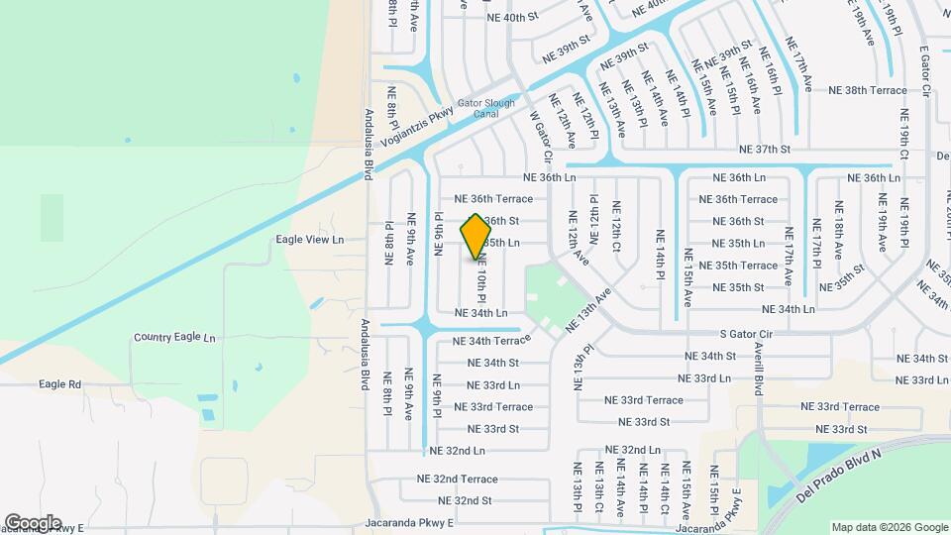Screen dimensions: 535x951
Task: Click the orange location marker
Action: [476, 237]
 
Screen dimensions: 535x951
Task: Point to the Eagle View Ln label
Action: [310, 239]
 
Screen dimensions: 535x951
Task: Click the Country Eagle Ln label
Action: [174, 338]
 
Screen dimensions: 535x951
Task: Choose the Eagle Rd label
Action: [60, 383]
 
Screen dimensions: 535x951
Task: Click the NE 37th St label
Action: [765, 150]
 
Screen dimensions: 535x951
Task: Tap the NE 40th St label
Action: [512, 17]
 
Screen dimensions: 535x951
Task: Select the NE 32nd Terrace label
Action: [458, 479]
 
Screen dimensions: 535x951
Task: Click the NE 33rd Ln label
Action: [493, 384]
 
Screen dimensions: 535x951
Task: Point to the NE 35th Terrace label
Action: [738, 266]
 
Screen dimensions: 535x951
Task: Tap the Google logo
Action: [33, 522]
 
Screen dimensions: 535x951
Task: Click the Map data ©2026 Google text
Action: [889, 527]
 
